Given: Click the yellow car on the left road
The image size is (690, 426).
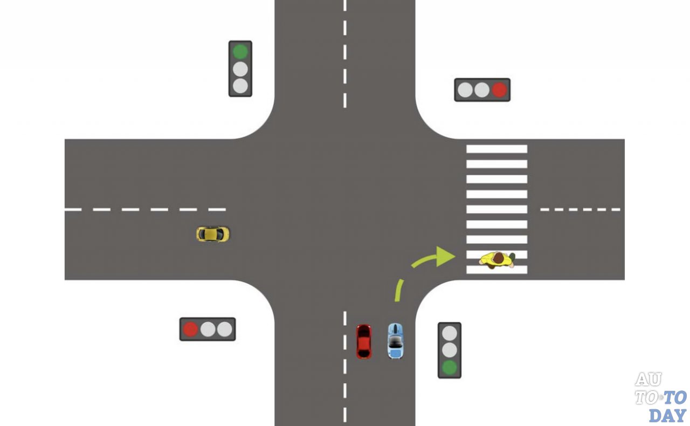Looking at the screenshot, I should (x=212, y=234).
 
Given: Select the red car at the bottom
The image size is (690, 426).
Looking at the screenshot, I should (x=364, y=341).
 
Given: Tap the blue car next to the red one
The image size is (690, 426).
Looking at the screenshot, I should (x=395, y=341).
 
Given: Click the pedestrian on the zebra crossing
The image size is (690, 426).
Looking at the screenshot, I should (x=497, y=260).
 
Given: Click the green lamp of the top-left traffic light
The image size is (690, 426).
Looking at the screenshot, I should (x=240, y=52).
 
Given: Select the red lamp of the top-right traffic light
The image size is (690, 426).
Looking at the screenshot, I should (x=499, y=90).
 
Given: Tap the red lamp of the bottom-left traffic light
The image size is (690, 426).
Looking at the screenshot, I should (x=191, y=329).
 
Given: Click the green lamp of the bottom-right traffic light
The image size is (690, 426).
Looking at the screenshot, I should (x=449, y=368).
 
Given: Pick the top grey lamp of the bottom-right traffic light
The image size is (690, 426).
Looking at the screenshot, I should (x=449, y=333).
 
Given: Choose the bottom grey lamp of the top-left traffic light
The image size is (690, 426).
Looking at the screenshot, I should (x=240, y=86).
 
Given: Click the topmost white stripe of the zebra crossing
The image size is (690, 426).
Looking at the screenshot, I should (x=496, y=149).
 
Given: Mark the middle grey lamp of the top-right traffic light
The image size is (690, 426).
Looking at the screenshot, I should (x=482, y=90).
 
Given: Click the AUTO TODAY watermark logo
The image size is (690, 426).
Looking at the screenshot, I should (x=660, y=397).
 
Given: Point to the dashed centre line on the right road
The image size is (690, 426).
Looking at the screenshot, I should (x=580, y=209).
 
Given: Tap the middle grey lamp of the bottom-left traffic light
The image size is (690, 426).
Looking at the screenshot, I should (x=208, y=329).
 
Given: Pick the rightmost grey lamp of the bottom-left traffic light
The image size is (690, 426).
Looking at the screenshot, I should (x=224, y=329).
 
